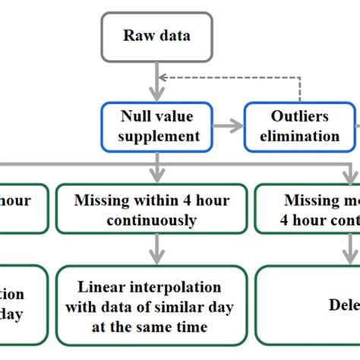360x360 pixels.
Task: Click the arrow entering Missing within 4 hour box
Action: click(x=156, y=169)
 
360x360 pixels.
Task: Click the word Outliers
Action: click(x=301, y=118)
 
